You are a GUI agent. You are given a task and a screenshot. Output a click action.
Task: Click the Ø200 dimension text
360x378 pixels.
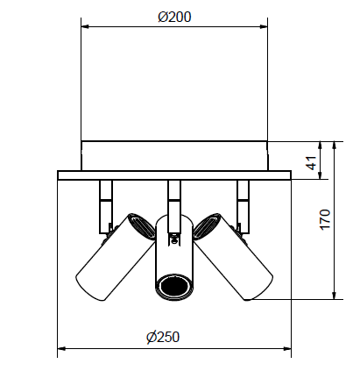[x=174, y=17]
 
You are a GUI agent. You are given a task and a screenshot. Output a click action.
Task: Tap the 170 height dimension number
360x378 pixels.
[x=326, y=221]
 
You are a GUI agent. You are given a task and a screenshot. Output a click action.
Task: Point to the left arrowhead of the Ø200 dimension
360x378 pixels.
[x=86, y=26]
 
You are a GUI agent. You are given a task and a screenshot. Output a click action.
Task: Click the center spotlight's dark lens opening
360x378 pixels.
[x=173, y=288]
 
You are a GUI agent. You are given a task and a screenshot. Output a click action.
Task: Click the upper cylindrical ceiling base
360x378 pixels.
[x=173, y=155]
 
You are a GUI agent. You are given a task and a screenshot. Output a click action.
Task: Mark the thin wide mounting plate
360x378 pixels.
[x=173, y=175]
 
